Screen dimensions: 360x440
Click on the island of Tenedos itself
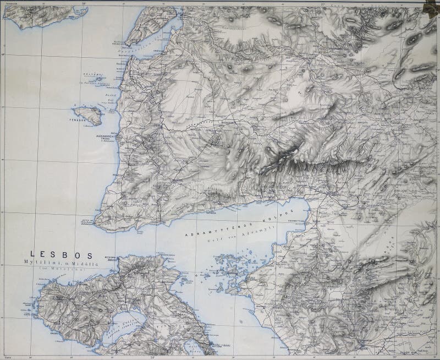pos(91,114)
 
